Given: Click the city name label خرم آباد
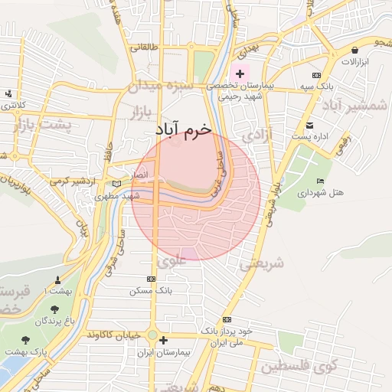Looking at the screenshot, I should coord(182,129).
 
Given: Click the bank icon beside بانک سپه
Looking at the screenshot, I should coord(316,75).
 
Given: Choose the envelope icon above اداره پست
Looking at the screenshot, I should coord(309,125).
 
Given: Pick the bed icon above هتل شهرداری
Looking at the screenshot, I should coord(319,181).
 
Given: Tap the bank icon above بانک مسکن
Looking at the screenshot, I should coord(150,279).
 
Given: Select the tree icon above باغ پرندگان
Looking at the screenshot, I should coord(54,309).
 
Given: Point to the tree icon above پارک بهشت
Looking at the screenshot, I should coord(25,339).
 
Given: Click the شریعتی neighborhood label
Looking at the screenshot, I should coord(262,264).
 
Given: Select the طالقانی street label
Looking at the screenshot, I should coord(145,47).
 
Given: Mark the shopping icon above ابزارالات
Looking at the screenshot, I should coord(354,47).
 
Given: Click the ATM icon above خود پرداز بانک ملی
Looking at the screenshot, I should coord(227,319).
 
